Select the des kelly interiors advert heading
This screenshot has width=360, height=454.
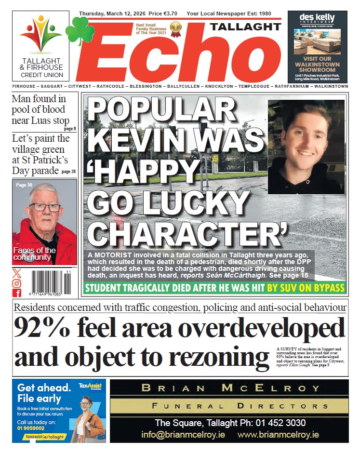pos(317,19)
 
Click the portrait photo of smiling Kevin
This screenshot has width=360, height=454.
pos(306,146)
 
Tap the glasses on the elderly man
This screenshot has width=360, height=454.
pos(45,207)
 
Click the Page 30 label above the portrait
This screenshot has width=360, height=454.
pos(24,185)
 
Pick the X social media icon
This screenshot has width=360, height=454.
pos(17,274)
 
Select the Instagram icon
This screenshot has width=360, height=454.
pos(17,283)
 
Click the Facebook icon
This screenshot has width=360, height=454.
pos(17,293)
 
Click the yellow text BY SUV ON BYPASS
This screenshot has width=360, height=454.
pos(306,288)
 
